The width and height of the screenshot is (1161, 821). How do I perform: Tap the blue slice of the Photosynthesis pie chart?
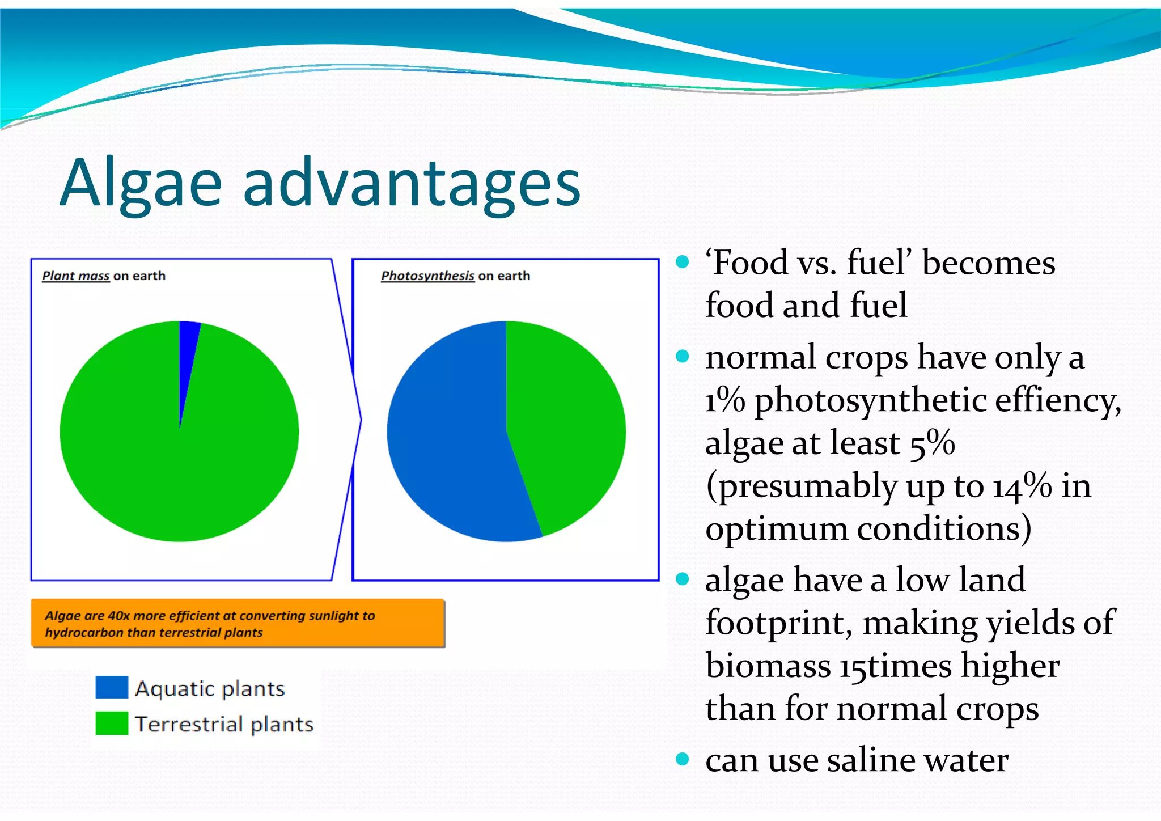coord(448,442)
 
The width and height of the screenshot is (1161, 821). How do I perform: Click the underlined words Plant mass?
coord(75,276)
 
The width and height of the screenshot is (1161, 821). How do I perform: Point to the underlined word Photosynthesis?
coord(427,276)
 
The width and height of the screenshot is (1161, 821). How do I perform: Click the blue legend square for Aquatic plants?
coord(112,687)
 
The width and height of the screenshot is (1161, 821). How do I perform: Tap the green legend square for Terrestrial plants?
coord(112,723)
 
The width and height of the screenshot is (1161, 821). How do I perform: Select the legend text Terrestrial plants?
coord(224,724)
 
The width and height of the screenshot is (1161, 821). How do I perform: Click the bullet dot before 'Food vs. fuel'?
coord(683,262)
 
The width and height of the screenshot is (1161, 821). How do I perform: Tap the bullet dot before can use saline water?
coord(683,759)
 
